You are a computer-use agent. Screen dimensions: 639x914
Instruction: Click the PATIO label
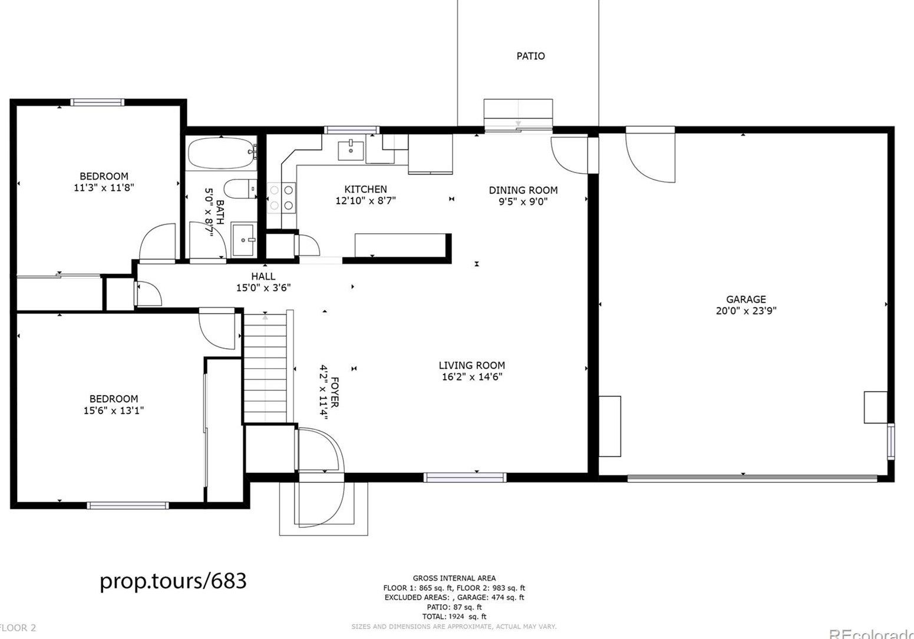(x=530, y=56)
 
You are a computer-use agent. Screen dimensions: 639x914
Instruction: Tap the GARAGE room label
(x=745, y=299)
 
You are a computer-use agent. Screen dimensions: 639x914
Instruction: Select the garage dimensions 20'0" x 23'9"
(x=745, y=311)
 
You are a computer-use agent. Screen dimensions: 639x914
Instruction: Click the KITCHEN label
(x=365, y=189)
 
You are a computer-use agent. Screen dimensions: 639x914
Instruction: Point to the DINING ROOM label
(x=523, y=190)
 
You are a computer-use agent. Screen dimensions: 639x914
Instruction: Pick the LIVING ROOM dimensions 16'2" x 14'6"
(x=471, y=377)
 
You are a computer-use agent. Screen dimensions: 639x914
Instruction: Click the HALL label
(x=263, y=276)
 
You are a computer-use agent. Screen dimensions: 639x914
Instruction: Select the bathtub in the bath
(x=222, y=154)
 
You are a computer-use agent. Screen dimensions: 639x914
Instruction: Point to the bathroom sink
(x=243, y=240)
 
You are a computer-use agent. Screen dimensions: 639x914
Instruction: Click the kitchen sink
(x=351, y=150)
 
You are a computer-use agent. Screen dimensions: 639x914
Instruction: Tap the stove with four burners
(x=282, y=197)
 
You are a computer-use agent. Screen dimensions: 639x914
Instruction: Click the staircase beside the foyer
(x=265, y=368)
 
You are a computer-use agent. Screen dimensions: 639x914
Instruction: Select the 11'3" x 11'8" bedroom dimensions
(x=104, y=188)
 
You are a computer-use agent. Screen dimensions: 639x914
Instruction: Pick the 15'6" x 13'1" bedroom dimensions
(x=113, y=410)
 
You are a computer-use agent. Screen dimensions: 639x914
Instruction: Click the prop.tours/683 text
(x=173, y=581)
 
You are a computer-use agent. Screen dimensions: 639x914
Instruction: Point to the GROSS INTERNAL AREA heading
(x=454, y=578)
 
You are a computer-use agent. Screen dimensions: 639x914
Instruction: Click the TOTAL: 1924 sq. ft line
(x=454, y=617)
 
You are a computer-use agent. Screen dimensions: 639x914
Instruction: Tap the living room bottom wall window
(x=464, y=477)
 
